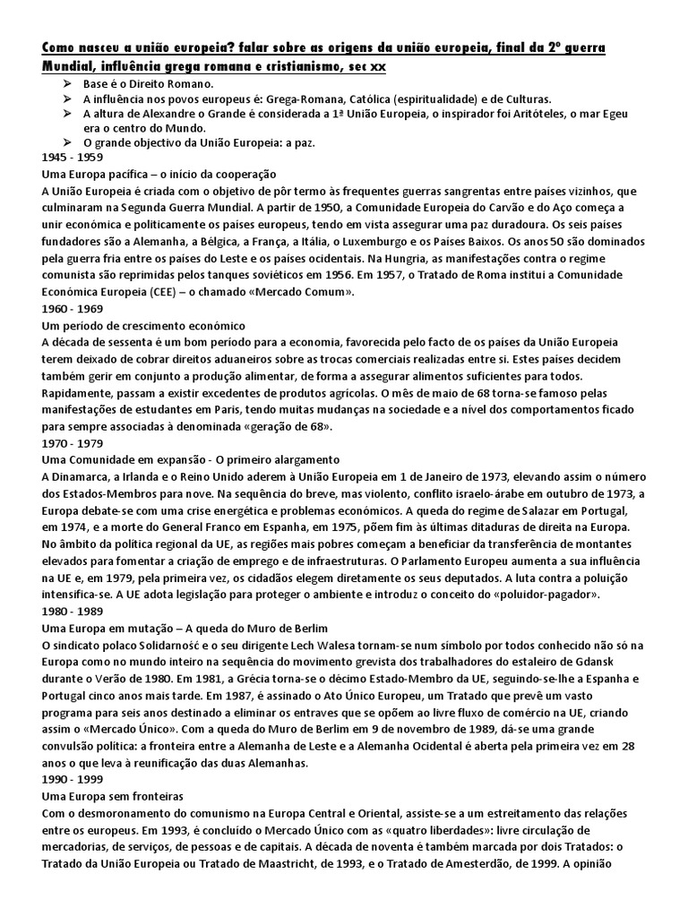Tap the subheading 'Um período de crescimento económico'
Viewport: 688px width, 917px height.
(143, 325)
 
